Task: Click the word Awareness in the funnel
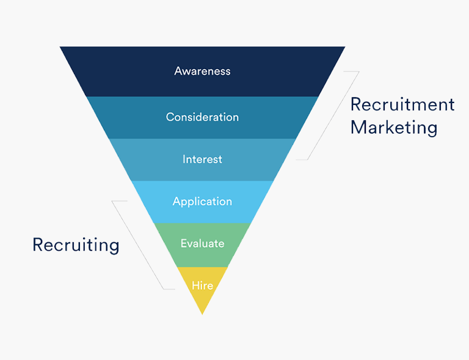202,71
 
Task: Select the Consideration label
202,117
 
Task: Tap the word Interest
202,159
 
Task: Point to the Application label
202,201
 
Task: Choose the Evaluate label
202,243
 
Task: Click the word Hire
202,286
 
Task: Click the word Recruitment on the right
402,104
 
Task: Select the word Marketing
394,128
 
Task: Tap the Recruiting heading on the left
76,245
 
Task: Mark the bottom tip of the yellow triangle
202,314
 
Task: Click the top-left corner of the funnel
60,46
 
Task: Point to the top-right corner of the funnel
345,46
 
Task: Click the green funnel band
202,245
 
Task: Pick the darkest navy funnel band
202,71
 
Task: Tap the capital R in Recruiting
38,245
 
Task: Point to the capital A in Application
177,201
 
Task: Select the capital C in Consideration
170,117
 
